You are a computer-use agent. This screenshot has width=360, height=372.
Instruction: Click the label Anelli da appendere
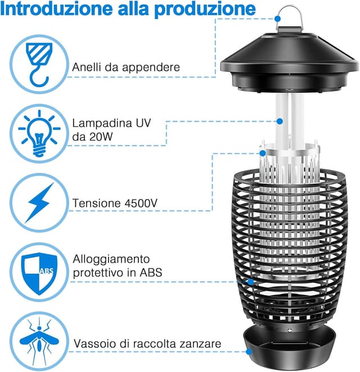tap(126, 67)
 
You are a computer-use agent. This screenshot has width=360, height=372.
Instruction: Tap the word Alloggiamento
tap(111, 259)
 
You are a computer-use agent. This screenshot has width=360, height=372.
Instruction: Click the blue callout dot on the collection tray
tap(249, 351)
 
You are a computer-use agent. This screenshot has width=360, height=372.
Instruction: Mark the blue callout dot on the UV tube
tap(279, 120)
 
